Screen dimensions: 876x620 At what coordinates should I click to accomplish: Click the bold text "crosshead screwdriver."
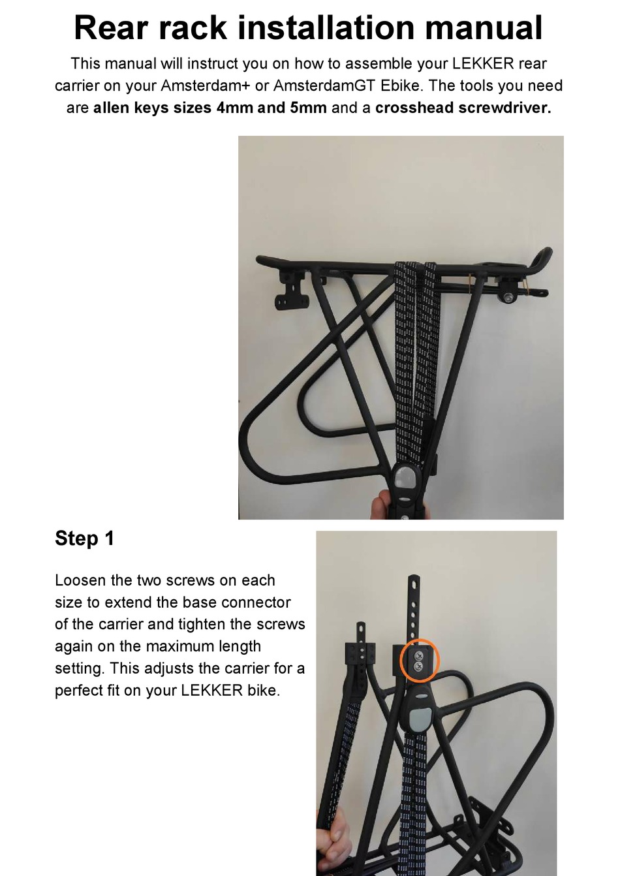tap(463, 108)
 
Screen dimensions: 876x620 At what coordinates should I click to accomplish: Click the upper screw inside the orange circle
tap(418, 654)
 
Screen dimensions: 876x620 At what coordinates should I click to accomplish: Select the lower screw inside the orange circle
tap(418, 666)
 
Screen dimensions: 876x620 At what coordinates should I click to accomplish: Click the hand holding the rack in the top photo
tap(382, 506)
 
